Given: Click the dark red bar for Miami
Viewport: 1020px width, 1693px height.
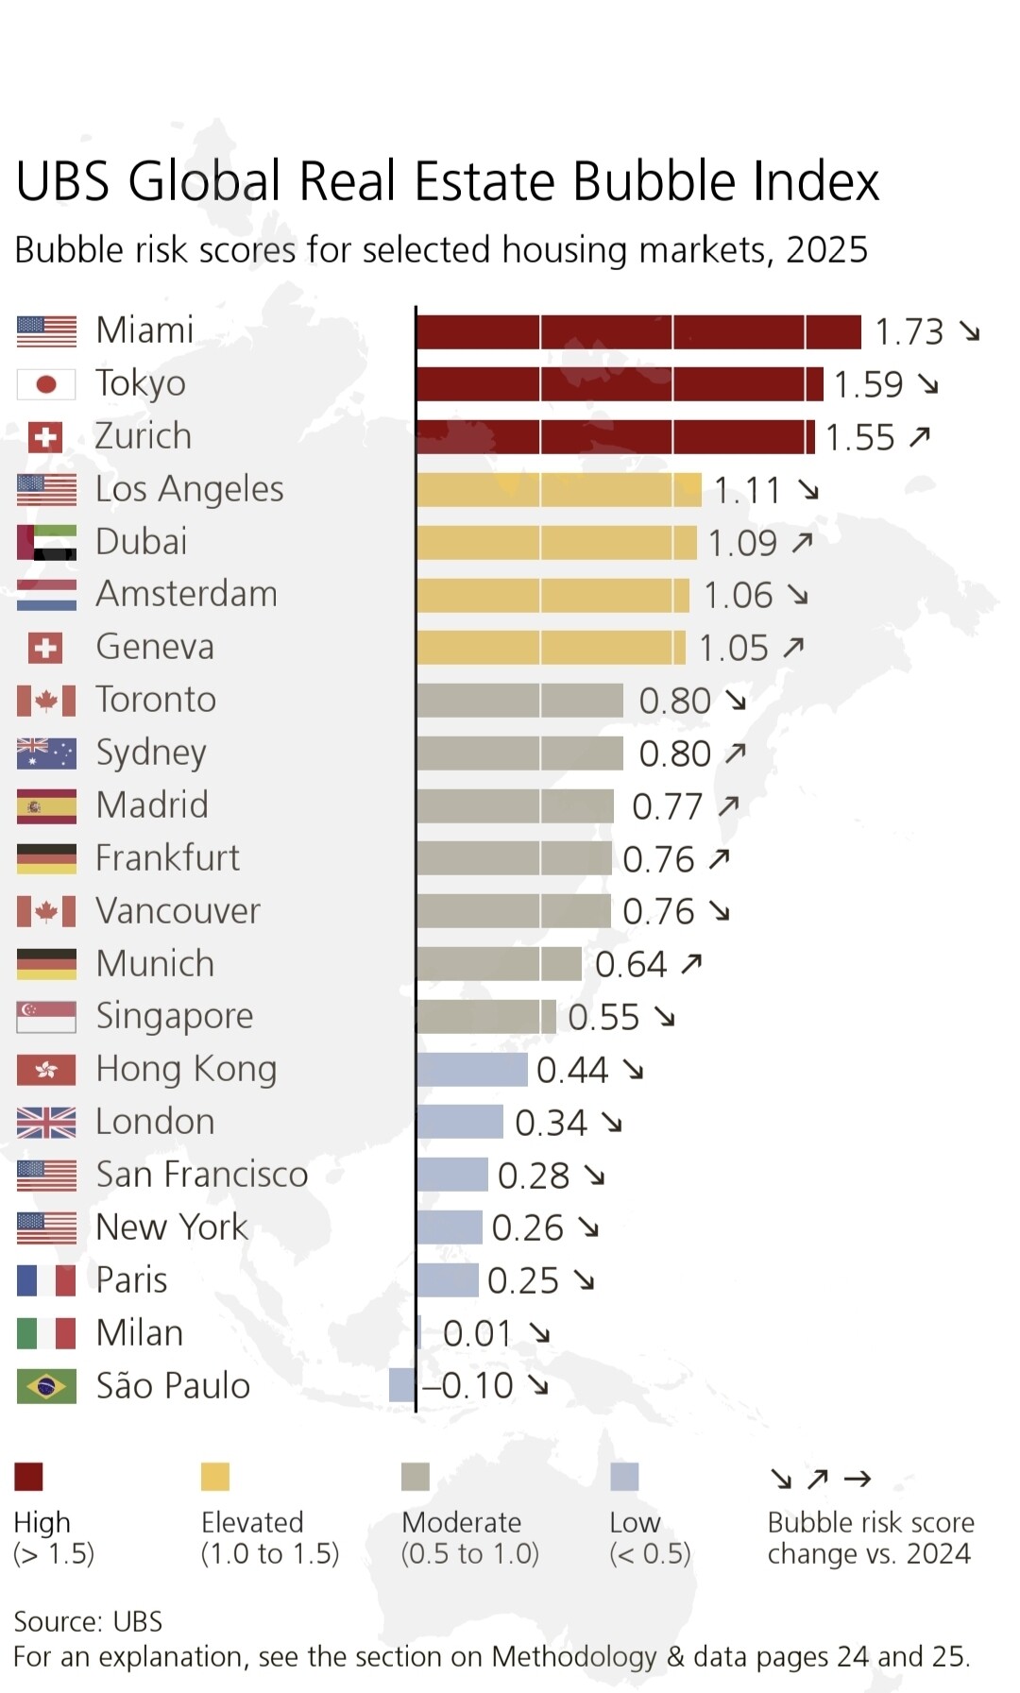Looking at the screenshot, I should click(638, 332).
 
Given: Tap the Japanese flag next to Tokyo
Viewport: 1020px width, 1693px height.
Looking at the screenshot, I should click(46, 384).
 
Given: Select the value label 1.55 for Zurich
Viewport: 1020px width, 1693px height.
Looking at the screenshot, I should click(859, 438).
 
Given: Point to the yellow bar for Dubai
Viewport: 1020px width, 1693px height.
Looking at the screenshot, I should click(556, 543).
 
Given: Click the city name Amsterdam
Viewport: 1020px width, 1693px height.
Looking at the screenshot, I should click(187, 594).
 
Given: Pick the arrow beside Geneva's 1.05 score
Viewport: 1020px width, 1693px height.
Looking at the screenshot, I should click(793, 647).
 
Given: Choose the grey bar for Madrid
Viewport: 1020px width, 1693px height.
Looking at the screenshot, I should click(515, 806).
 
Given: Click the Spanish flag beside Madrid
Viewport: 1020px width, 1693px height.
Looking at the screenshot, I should click(46, 806).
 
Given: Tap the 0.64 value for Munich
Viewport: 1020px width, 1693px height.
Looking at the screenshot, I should click(630, 965).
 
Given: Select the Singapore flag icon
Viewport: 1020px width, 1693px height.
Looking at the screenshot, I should click(46, 1017).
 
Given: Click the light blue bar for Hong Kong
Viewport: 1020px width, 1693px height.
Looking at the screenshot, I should click(472, 1070).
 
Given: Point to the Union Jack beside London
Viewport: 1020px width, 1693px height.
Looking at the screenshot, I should click(46, 1123).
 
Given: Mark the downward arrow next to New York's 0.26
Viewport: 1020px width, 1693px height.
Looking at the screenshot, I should click(588, 1227).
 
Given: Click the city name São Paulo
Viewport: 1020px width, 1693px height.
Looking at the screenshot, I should click(173, 1386).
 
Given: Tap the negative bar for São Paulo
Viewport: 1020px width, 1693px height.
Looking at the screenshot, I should click(402, 1385).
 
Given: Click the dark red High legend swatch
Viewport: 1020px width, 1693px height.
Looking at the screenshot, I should click(28, 1476).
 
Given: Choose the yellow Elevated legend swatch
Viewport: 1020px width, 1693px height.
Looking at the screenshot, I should click(215, 1476).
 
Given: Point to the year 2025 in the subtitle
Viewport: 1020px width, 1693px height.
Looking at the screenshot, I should click(826, 250).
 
